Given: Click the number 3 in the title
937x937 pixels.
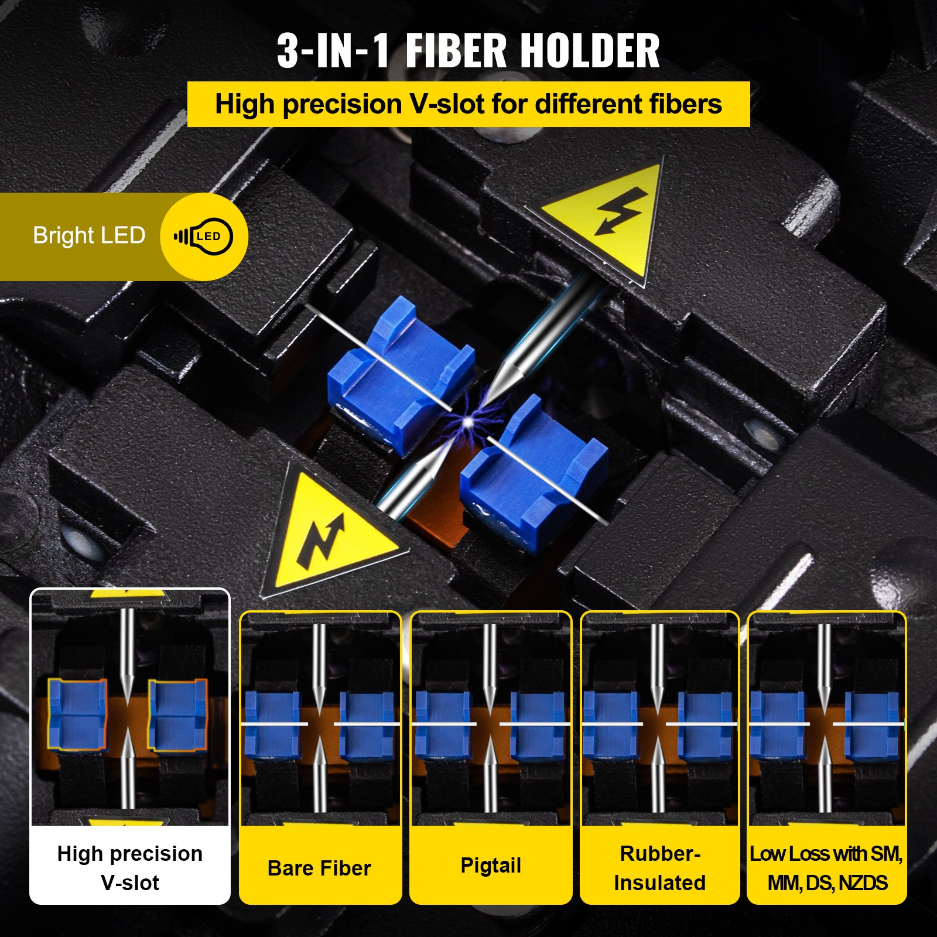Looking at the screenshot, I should [288, 51].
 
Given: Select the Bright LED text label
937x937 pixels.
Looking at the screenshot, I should [89, 235].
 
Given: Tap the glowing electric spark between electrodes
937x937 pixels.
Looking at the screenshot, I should [468, 421].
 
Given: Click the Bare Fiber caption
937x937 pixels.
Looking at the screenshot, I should [319, 868].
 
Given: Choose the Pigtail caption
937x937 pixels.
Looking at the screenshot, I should [491, 865].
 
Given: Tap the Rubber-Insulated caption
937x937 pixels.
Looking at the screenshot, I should [660, 868].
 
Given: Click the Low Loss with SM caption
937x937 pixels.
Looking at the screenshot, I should [826, 868].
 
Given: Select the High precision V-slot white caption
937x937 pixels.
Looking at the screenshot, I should [130, 868].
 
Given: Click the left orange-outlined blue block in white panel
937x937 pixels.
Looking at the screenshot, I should [77, 714].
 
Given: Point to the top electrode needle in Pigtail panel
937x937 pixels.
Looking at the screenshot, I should [490, 662].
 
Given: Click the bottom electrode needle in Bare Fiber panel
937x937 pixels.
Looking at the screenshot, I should [319, 779].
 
